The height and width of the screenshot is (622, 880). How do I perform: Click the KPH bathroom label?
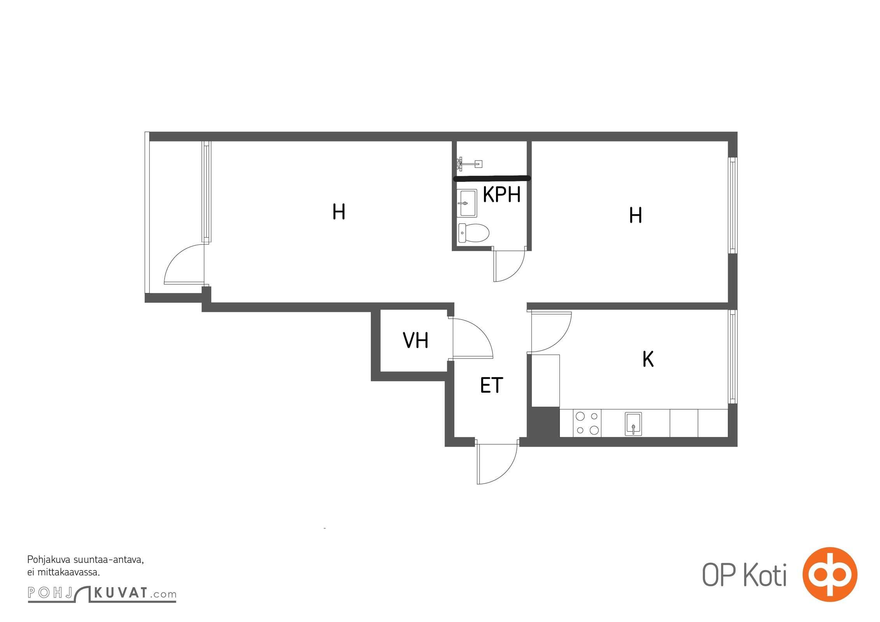(x=501, y=195)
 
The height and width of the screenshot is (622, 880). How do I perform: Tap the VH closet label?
(x=415, y=340)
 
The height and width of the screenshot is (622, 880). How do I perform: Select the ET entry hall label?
(x=492, y=385)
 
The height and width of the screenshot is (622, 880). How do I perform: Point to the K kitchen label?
(x=648, y=359)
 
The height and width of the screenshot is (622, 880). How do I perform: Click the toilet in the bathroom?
(x=473, y=232)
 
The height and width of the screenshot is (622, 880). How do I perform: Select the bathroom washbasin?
(x=467, y=203)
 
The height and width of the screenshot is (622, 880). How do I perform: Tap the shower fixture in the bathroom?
(x=469, y=164)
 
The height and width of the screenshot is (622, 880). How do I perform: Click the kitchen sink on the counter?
(x=633, y=423)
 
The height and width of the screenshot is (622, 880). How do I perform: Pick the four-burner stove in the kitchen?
(x=587, y=423)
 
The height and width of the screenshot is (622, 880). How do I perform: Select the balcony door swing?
(x=184, y=264)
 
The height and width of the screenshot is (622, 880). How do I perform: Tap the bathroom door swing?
(x=509, y=265)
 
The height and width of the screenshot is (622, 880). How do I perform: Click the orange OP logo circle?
(x=830, y=574)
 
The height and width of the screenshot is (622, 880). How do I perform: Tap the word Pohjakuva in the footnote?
(x=49, y=560)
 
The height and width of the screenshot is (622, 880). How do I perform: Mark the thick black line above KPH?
(x=492, y=179)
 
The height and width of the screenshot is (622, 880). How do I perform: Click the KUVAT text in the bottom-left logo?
(x=121, y=593)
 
